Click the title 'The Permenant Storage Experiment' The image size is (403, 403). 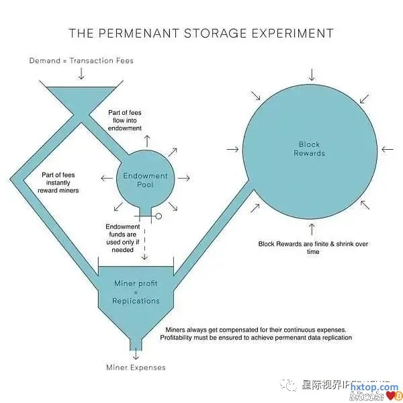click(201, 33)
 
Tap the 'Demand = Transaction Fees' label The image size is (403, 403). click(81, 60)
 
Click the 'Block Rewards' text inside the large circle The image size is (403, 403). click(310, 148)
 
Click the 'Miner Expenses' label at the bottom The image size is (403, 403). click(136, 367)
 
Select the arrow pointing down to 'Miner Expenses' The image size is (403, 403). click(136, 353)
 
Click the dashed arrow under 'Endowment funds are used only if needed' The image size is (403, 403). click(145, 253)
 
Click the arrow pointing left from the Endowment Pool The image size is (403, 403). click(105, 178)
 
